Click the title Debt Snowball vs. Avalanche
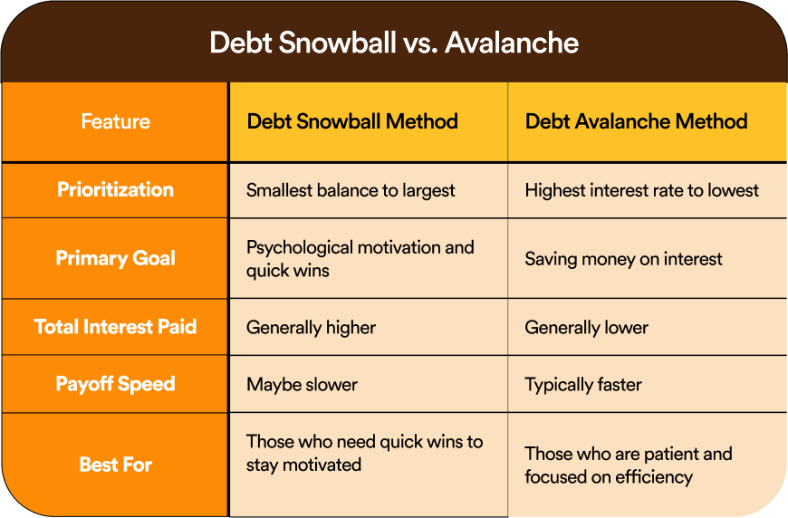[394, 43]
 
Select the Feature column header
[116, 121]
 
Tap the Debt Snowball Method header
[352, 121]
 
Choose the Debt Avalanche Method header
[636, 121]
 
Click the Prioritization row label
[116, 190]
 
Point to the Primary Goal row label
[116, 258]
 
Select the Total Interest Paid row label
[115, 327]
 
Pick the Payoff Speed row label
[116, 384]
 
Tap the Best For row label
[116, 465]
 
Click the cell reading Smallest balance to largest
[351, 190]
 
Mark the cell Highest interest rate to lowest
[642, 190]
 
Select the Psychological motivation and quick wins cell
[360, 259]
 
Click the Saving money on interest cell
[623, 259]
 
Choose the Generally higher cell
[311, 328]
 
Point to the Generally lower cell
[587, 328]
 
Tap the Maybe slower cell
[302, 385]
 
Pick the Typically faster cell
[583, 385]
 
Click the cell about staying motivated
[364, 453]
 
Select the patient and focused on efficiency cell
[629, 465]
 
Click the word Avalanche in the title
[512, 43]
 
